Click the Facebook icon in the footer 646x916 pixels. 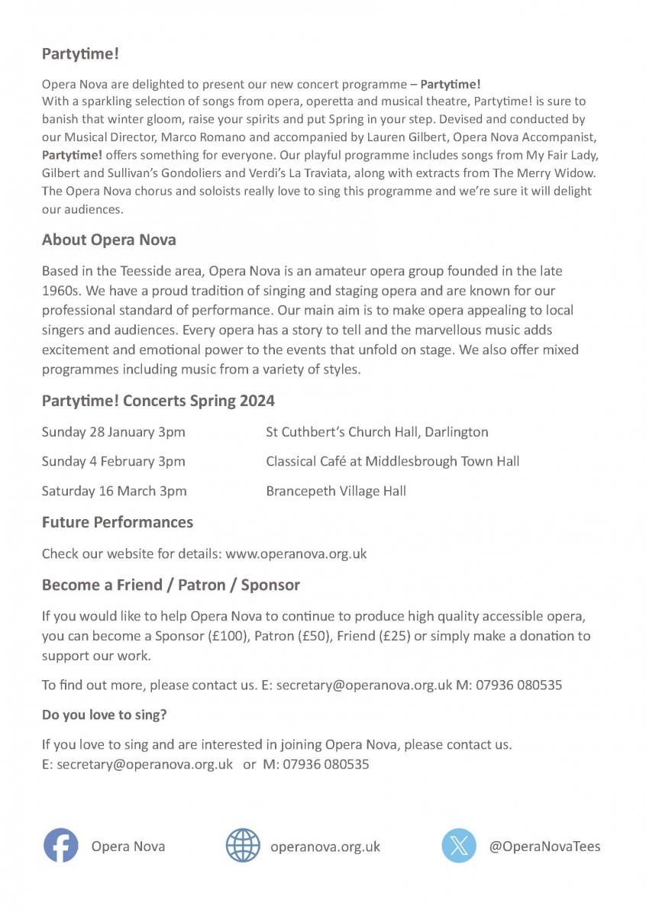(x=60, y=846)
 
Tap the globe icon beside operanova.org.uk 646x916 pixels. (x=243, y=846)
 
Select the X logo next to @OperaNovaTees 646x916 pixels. (x=459, y=846)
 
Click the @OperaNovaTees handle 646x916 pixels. (x=544, y=847)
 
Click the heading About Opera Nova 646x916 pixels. (x=108, y=240)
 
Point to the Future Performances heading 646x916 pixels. (x=117, y=522)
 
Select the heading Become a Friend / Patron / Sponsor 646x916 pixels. (x=170, y=585)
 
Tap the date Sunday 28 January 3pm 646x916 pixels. (x=113, y=432)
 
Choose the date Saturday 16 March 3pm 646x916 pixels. (x=114, y=491)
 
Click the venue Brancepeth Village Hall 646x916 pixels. (x=336, y=491)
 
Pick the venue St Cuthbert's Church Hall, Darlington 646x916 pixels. (x=376, y=432)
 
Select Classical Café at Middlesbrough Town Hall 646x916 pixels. (x=392, y=461)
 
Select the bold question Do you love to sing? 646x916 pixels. (x=104, y=715)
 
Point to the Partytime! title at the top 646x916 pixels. (x=80, y=54)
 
